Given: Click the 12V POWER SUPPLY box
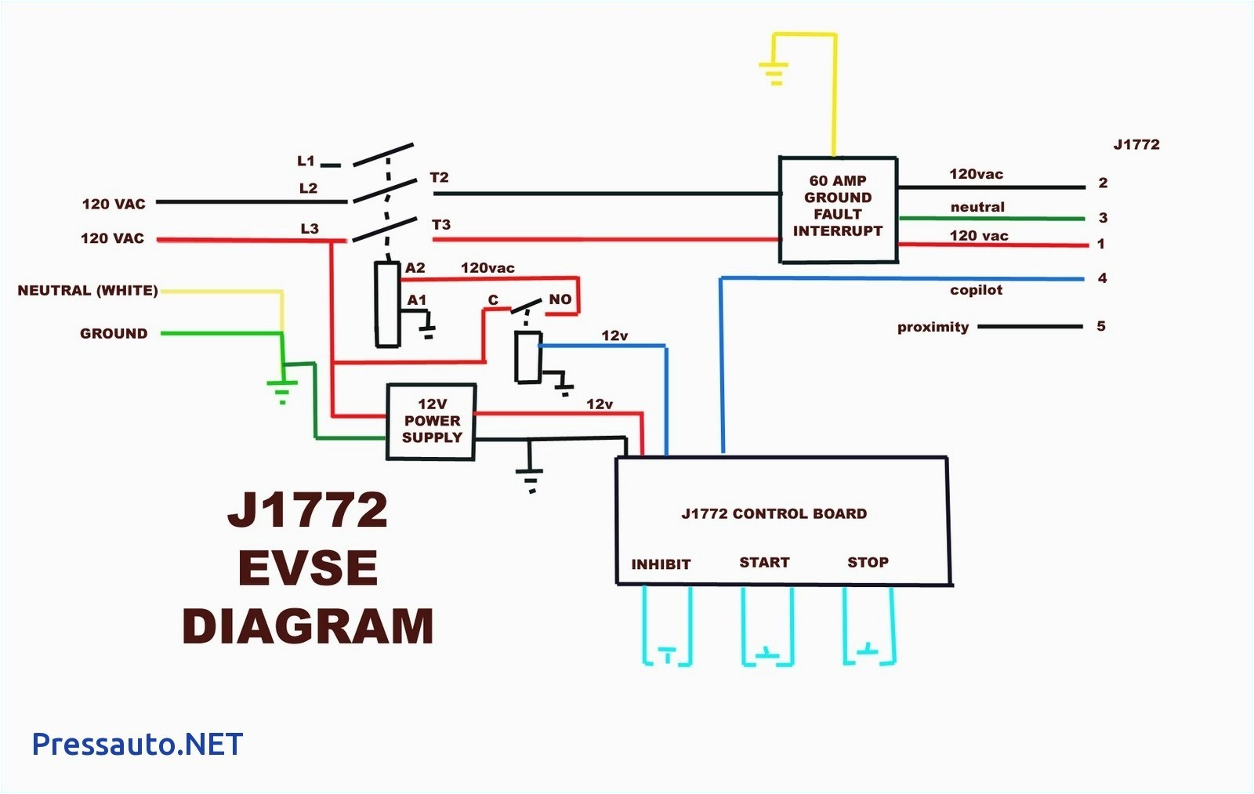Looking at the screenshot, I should coord(431,421).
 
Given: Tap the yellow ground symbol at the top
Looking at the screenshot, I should coord(774,73).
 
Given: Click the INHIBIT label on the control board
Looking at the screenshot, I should coord(661,564).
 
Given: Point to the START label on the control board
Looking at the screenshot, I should coord(764,562).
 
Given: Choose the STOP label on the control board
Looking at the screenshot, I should coord(868,562).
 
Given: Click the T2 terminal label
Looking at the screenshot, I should coord(439,178).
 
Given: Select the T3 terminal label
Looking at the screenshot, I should coord(441,225).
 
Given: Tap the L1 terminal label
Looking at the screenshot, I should coord(306,161).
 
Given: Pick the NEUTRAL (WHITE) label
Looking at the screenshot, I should coord(88,291).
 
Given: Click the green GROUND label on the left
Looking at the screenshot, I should coord(114,334).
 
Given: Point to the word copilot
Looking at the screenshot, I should coord(976,290).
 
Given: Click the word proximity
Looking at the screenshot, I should coord(933,327).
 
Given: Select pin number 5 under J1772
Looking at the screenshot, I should coord(1101,326).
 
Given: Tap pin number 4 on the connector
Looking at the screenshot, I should coord(1102,278).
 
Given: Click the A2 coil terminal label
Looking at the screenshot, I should coord(415,268).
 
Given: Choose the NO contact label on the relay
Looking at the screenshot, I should coord(560,299).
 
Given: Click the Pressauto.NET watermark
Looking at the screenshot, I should coord(137,744).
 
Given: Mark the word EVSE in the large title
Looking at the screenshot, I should coord(308,568).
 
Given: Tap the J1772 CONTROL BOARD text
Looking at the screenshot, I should coord(774,514).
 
